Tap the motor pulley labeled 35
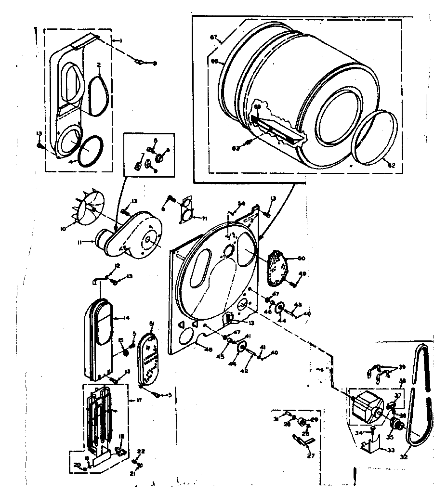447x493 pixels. [397, 423]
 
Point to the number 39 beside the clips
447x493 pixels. [403, 367]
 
